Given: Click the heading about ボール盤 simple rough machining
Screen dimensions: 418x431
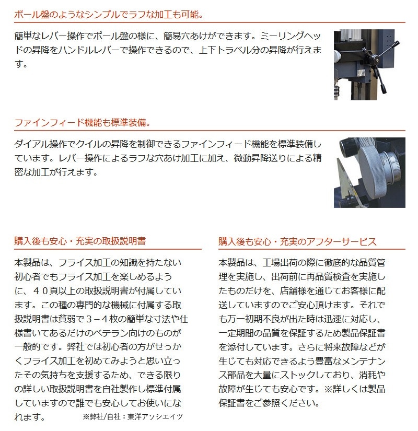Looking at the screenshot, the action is [109, 14].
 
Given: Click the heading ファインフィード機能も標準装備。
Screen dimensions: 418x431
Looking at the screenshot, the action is [83, 122].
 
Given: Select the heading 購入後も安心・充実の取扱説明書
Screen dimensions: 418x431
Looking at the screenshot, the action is [80, 241].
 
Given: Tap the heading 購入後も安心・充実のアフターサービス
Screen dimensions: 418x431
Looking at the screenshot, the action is [297, 241].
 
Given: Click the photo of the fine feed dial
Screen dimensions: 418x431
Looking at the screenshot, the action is [369, 172].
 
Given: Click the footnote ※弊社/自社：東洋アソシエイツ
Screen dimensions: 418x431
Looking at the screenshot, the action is [133, 417].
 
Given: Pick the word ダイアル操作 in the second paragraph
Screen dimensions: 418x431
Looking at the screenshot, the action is [41, 144].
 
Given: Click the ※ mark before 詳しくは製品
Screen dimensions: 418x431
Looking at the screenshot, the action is [328, 389].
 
